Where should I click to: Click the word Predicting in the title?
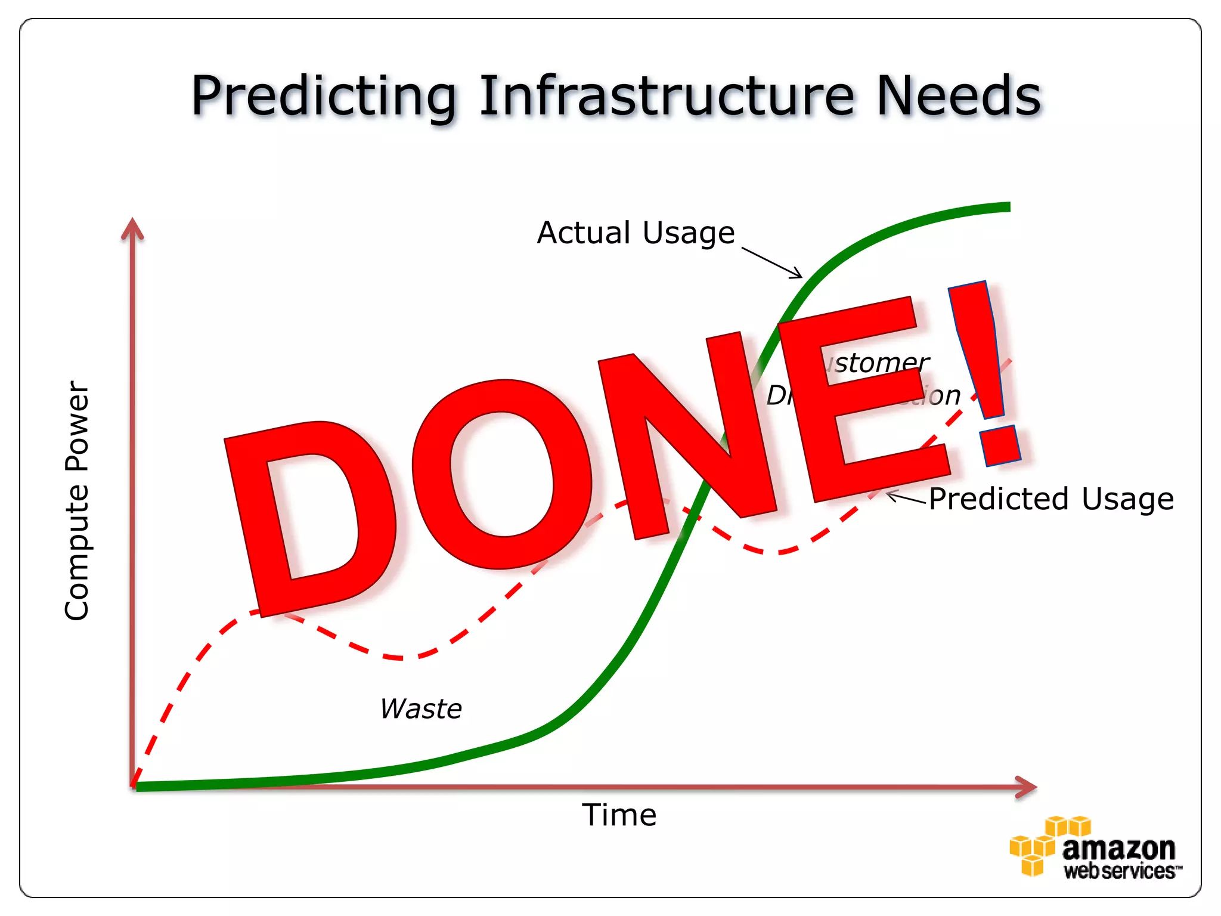(x=324, y=97)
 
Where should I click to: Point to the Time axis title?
(x=619, y=815)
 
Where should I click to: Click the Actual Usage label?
(x=636, y=233)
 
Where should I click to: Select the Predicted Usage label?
(x=1051, y=499)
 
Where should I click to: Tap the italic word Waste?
(x=421, y=708)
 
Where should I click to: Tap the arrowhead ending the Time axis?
(x=1027, y=787)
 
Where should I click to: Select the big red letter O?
(x=501, y=474)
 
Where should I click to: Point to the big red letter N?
(x=686, y=435)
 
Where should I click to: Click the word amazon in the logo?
(x=1118, y=848)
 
